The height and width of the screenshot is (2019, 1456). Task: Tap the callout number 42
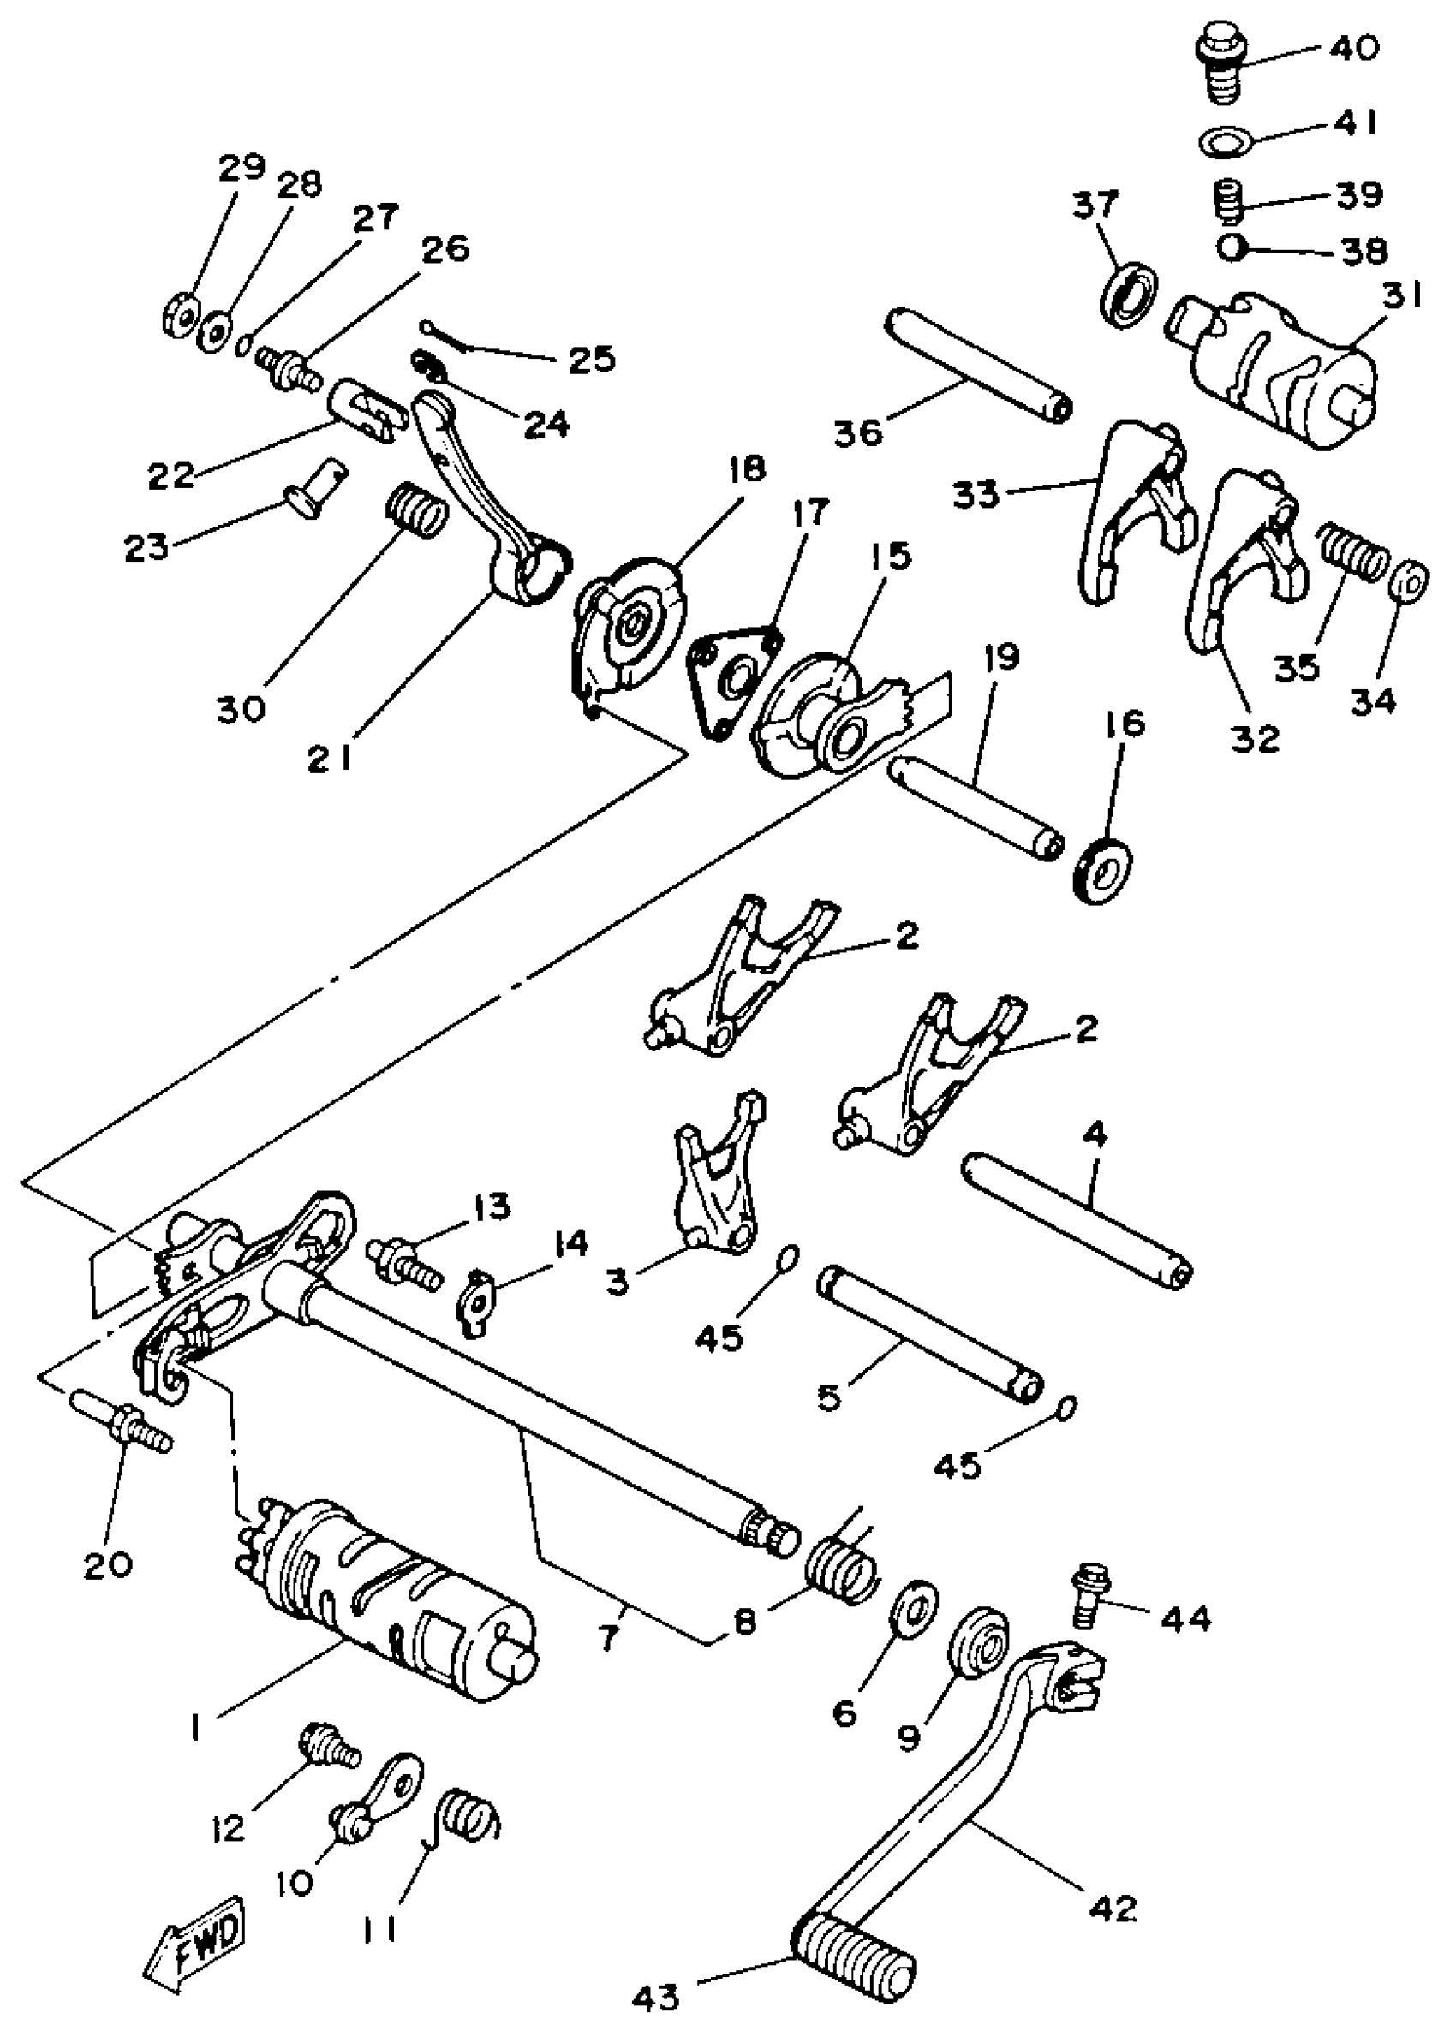(x=1113, y=1907)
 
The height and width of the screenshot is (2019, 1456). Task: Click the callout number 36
(x=858, y=432)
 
